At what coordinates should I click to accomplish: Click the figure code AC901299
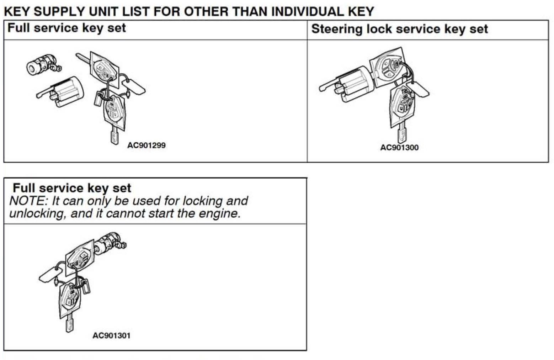(x=147, y=145)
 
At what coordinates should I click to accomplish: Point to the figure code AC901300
(x=399, y=147)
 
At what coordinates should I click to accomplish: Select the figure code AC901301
(x=111, y=335)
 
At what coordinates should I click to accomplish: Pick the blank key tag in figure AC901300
(x=419, y=89)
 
